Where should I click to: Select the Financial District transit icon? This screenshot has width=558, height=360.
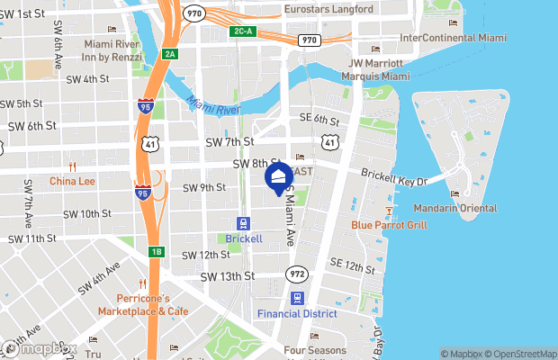tap(296, 298)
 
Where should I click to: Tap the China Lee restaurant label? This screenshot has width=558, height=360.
tap(72, 180)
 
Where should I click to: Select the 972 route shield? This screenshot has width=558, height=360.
tap(297, 273)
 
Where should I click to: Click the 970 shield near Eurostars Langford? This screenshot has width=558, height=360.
tap(193, 13)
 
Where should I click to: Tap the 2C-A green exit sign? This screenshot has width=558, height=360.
tap(242, 31)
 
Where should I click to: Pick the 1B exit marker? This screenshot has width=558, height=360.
tap(156, 252)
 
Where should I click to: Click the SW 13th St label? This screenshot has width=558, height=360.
tap(228, 276)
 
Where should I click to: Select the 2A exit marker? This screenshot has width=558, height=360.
tap(170, 54)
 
